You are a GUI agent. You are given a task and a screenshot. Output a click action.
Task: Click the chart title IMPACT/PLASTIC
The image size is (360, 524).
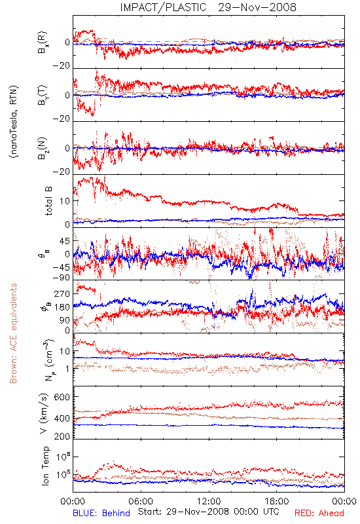click(163, 7)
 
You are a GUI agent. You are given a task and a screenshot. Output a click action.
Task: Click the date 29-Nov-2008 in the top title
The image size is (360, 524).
click(257, 7)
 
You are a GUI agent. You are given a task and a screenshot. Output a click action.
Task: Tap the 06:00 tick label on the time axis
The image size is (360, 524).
click(141, 501)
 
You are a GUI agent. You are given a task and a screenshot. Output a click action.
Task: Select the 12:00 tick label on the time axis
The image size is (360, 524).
click(209, 501)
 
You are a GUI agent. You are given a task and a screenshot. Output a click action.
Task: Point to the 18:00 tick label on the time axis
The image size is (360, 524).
click(277, 501)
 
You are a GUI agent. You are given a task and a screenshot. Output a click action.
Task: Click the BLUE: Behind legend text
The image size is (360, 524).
click(101, 513)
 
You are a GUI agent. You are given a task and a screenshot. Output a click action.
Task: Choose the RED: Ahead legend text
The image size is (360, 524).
click(319, 513)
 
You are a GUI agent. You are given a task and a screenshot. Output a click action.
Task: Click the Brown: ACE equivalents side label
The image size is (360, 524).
click(13, 333)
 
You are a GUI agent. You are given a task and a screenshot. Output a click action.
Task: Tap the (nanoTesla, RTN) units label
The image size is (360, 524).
click(14, 122)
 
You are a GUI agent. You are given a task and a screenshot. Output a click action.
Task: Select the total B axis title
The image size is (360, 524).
click(48, 200)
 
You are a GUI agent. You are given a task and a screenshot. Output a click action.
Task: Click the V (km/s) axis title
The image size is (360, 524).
click(44, 413)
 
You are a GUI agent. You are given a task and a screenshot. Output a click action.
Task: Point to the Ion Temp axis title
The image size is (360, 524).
click(45, 466)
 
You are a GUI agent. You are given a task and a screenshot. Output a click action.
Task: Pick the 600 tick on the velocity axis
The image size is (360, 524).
click(62, 397)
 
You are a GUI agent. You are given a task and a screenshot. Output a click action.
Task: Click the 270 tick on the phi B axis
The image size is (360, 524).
click(62, 293)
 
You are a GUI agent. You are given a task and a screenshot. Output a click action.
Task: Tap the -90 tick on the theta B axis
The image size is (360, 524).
click(62, 278)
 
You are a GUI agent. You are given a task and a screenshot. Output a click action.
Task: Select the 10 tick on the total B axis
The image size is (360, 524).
click(65, 201)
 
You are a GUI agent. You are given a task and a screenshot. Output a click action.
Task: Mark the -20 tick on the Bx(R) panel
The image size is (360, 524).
click(62, 66)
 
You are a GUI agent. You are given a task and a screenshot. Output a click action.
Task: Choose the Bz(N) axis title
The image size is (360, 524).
click(43, 148)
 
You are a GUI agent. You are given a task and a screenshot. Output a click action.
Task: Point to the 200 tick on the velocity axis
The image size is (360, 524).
click(62, 436)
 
